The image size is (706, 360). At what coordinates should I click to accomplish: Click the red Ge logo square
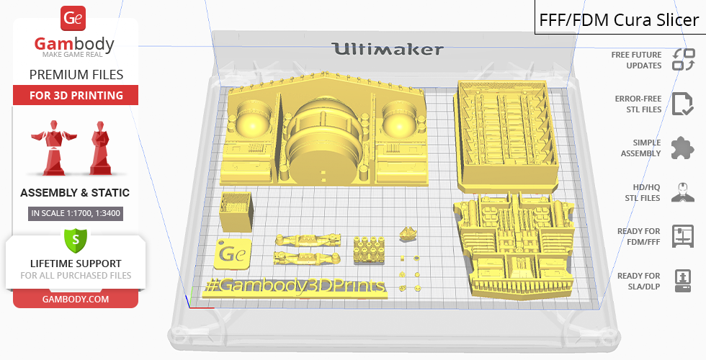[73, 18]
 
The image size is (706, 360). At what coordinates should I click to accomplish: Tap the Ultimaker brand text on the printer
[388, 49]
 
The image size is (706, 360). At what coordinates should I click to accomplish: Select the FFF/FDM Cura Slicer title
[619, 20]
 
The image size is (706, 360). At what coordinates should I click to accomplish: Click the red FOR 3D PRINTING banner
[76, 95]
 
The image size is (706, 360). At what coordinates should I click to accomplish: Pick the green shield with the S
[75, 240]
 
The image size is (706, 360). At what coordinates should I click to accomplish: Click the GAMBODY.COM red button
[76, 300]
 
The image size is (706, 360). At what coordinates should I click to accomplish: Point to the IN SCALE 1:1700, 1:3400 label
[76, 213]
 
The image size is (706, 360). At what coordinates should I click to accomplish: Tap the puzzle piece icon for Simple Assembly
[682, 148]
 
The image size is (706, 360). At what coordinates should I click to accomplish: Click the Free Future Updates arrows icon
[683, 60]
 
